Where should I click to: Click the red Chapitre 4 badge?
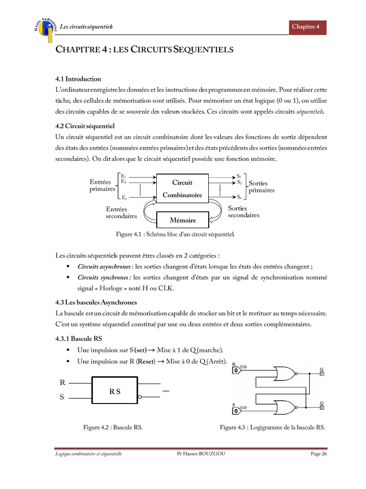click(x=308, y=27)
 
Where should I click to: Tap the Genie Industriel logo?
click(x=46, y=27)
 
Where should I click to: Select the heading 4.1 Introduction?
click(x=78, y=79)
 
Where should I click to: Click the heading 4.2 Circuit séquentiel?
click(x=85, y=127)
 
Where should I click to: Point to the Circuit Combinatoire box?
click(x=182, y=189)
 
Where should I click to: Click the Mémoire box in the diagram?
click(x=183, y=220)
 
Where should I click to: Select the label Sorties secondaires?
click(x=244, y=212)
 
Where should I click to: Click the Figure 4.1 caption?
click(x=175, y=234)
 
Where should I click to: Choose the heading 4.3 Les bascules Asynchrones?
click(x=96, y=302)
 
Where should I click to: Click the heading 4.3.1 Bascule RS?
click(x=78, y=338)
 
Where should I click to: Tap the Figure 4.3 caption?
click(x=272, y=428)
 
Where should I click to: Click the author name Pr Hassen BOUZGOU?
click(x=201, y=454)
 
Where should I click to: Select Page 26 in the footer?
click(x=319, y=454)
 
